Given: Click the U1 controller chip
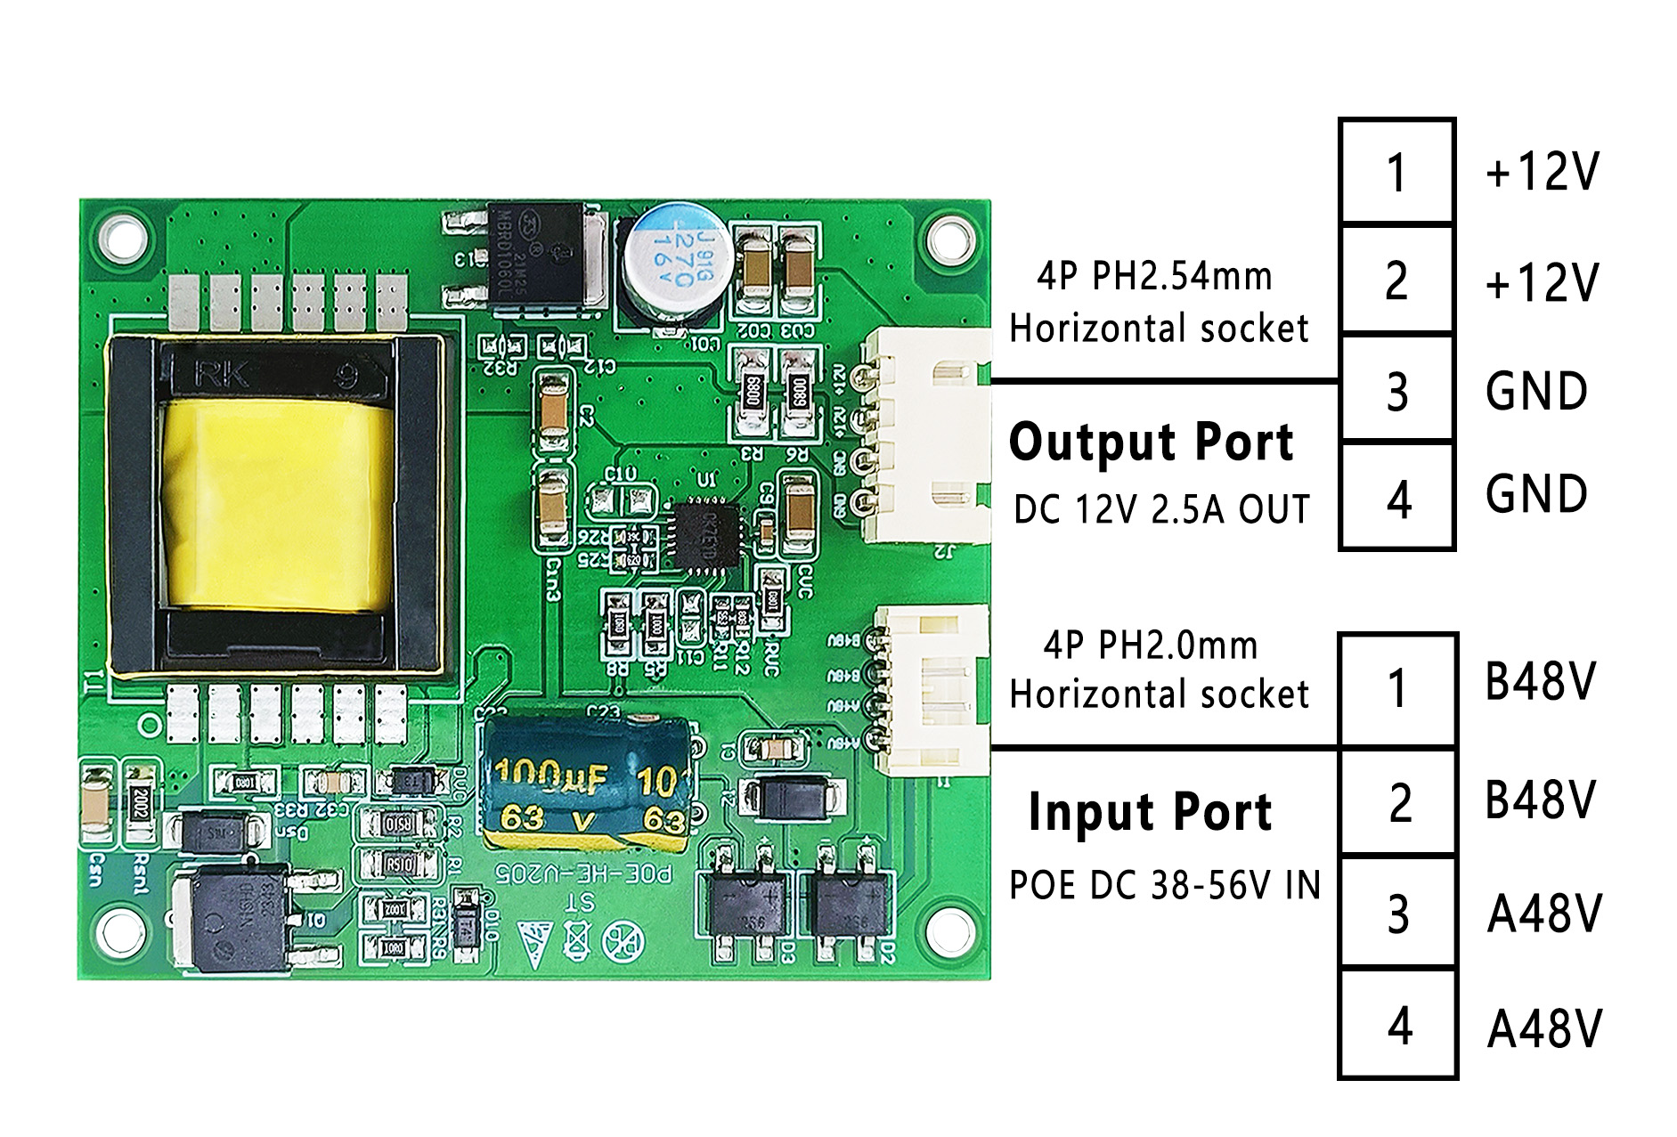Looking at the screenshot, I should pyautogui.click(x=706, y=532).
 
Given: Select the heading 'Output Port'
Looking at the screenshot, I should pyautogui.click(x=1151, y=443).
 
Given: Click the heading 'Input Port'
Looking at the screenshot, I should pyautogui.click(x=1150, y=812).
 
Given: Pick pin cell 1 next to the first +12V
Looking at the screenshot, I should pyautogui.click(x=1397, y=172).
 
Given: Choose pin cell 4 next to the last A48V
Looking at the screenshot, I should pyautogui.click(x=1398, y=1026).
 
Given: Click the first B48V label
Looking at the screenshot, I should pyautogui.click(x=1540, y=683).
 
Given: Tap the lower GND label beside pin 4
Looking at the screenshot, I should pyautogui.click(x=1536, y=495).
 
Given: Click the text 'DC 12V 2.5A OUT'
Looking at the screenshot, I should pyautogui.click(x=1161, y=510).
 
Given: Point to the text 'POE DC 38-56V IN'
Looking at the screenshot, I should pyautogui.click(x=1164, y=886).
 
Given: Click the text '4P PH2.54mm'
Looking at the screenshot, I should pyautogui.click(x=1155, y=277).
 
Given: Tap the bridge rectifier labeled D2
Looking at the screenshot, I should pyautogui.click(x=845, y=901).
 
